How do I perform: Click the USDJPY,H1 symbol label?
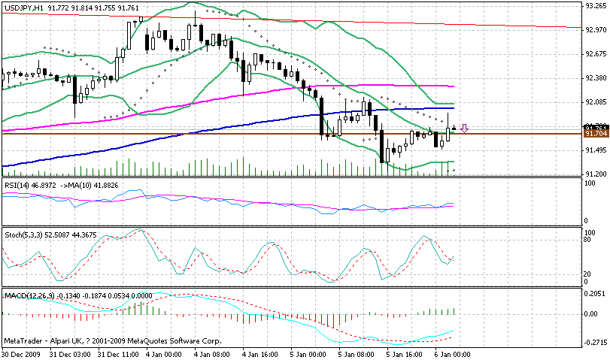[x=23, y=7]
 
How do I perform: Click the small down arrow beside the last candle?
[x=466, y=129]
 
